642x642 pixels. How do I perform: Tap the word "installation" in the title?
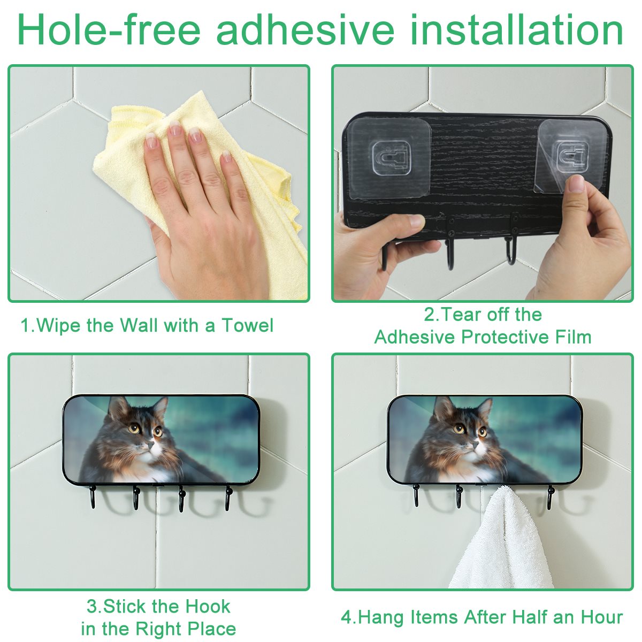point(516,29)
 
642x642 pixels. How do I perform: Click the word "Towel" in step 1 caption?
point(248,325)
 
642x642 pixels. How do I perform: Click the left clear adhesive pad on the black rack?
point(390,158)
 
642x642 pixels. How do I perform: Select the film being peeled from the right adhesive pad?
point(553,157)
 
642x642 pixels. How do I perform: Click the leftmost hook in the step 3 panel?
point(92,496)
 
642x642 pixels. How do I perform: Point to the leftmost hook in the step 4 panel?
point(416,496)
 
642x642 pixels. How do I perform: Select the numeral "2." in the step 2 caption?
point(431,315)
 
